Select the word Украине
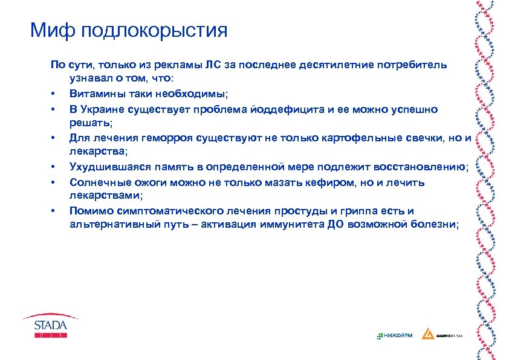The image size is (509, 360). [105, 109]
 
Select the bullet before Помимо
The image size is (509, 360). [54, 211]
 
